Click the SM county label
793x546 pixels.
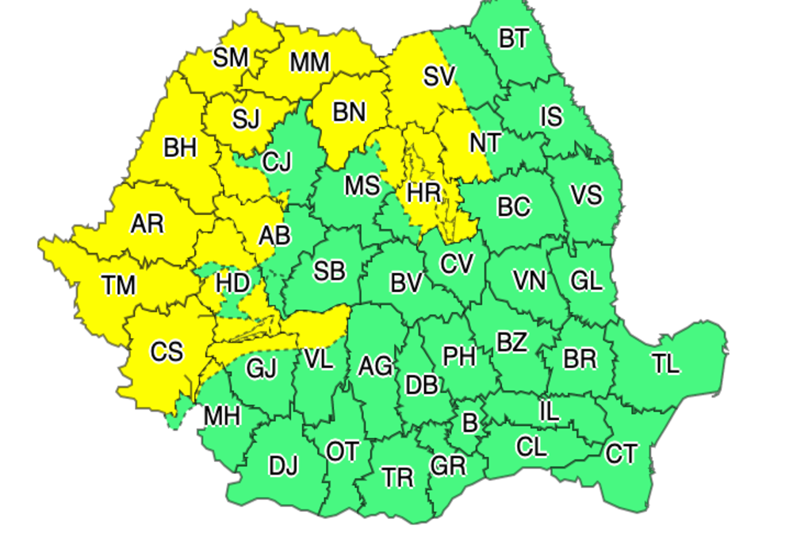point(231,57)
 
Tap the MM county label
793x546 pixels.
point(310,62)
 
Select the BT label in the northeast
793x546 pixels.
point(513,39)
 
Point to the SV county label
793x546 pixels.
point(439,76)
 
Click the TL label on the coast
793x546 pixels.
point(666,364)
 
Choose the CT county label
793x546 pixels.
point(621,454)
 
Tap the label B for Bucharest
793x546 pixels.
point(469,423)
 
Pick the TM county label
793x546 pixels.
point(119,284)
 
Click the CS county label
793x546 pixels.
point(167,351)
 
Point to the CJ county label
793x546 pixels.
point(277,163)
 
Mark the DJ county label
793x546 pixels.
point(283,466)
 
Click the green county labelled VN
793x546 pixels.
point(529,280)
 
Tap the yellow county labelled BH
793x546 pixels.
point(180,148)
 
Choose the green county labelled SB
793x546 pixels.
point(329,271)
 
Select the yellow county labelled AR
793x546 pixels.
point(147,224)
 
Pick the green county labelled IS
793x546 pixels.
point(551,117)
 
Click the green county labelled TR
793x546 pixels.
point(397,478)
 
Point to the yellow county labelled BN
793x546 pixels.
point(349,113)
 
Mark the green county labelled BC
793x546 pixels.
point(514,207)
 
